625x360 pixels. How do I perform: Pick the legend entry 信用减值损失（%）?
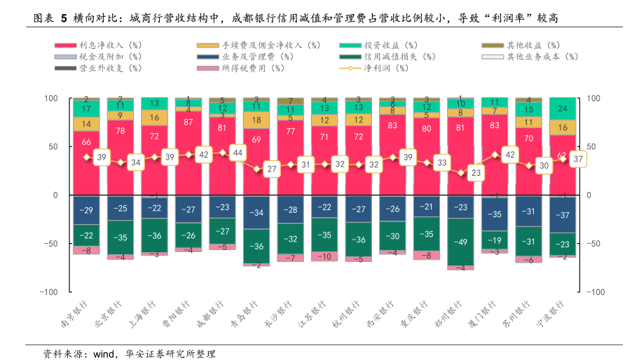coord(399,57)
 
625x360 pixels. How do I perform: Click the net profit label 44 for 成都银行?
coord(238,153)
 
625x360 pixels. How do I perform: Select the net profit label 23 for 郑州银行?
coord(476,172)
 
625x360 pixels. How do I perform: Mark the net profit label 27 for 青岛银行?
coord(272,169)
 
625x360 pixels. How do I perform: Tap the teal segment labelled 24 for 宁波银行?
coord(563,109)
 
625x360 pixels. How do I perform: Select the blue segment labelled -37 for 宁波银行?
coord(563,214)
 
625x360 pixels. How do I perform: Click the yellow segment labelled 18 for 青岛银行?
coord(256,120)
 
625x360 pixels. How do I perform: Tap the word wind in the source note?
coord(104,354)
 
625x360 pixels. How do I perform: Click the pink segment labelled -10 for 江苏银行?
coord(324,256)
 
